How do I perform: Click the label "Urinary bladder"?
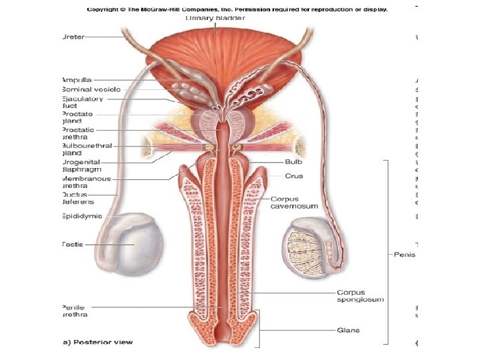215,19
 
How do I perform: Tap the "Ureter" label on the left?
73,37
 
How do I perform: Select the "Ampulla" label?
77,79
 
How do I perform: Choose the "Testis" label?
73,245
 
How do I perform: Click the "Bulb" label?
294,162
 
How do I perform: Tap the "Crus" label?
294,176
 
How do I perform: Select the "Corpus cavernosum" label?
294,203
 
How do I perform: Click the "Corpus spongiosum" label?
360,296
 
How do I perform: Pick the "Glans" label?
349,329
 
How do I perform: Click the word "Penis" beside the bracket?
405,254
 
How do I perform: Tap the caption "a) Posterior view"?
97,342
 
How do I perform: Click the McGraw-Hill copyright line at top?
237,9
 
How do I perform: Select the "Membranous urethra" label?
86,183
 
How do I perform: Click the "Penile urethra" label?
75,311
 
